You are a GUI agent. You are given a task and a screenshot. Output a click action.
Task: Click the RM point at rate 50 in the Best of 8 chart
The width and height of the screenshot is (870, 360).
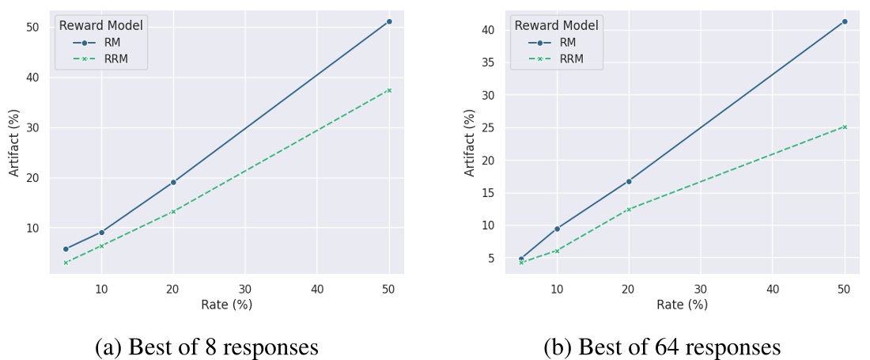[389, 21]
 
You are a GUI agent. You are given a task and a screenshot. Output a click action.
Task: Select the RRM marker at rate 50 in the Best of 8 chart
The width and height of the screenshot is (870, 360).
[389, 90]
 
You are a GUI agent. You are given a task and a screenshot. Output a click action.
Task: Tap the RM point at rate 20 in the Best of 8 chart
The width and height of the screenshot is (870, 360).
[173, 182]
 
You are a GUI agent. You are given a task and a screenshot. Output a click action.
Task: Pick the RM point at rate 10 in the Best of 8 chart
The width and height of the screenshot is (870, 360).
[101, 232]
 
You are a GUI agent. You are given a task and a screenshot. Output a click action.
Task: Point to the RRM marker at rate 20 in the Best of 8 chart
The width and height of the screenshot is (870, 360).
[173, 211]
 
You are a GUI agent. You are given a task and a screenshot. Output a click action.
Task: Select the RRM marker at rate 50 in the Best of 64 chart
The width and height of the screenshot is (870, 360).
[845, 127]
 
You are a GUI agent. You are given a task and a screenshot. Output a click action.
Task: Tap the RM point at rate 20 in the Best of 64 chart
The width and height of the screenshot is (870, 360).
[629, 181]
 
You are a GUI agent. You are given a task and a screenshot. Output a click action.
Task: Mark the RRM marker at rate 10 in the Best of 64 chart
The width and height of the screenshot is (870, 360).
[557, 251]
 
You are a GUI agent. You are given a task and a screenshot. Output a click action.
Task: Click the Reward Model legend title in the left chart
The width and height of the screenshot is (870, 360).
[100, 26]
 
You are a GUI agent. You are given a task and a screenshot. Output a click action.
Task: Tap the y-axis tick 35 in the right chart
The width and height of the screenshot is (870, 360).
[490, 63]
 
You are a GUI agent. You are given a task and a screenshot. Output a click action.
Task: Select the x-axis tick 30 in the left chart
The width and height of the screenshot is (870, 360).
[245, 289]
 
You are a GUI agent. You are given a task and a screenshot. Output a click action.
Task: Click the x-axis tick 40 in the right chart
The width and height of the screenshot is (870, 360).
[773, 289]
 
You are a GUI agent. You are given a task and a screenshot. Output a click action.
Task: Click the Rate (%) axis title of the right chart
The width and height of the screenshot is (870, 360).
[682, 305]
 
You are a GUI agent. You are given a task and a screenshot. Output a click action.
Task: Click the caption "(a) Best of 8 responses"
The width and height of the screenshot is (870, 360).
[206, 347]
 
